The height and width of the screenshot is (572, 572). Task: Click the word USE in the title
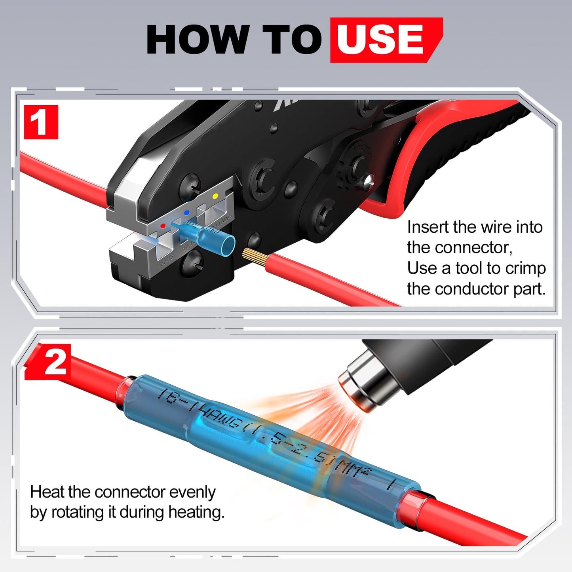[x=380, y=40]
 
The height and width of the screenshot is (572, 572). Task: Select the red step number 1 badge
[x=41, y=122]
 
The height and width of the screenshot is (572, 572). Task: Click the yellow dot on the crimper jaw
[x=215, y=196]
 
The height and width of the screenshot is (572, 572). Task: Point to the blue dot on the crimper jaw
[x=186, y=213]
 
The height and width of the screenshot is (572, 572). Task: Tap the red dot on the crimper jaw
[x=163, y=226]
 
